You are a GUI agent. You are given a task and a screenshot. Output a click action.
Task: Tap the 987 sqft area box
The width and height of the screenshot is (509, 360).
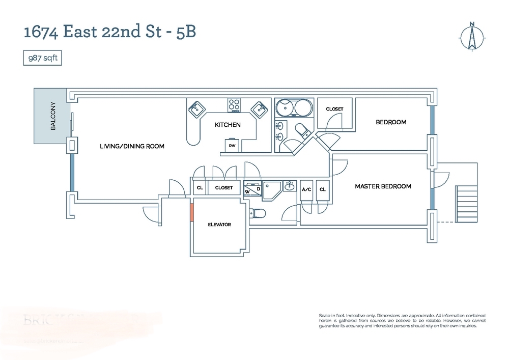tap(43, 58)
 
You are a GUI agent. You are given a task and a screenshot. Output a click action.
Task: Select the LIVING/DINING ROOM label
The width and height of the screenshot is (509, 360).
tap(132, 146)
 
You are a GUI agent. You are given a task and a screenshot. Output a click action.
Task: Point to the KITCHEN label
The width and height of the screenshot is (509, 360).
tap(227, 125)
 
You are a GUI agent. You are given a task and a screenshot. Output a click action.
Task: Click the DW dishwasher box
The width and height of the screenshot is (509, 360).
tap(232, 146)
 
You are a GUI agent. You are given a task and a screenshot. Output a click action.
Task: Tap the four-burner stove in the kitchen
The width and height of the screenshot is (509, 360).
tap(234, 105)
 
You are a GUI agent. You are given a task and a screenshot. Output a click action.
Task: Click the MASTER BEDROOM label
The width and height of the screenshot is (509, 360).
tap(383, 186)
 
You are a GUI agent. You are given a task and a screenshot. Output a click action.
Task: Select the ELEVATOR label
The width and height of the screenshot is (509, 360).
tap(219, 225)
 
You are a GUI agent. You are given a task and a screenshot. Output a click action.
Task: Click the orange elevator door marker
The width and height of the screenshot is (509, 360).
tap(192, 212)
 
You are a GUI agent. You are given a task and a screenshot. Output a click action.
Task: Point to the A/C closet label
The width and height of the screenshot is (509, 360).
tap(306, 189)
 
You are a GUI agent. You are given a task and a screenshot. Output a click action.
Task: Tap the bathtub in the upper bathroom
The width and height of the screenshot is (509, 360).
tap(294, 108)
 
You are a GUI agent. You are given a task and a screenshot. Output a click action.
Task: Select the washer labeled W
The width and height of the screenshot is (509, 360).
tap(247, 191)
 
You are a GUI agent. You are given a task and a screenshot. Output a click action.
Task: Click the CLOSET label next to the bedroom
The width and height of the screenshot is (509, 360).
tap(334, 109)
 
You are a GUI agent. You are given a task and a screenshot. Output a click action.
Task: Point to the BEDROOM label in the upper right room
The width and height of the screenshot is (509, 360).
tap(391, 122)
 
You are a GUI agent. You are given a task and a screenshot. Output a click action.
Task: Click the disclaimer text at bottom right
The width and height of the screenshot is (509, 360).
tap(399, 320)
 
